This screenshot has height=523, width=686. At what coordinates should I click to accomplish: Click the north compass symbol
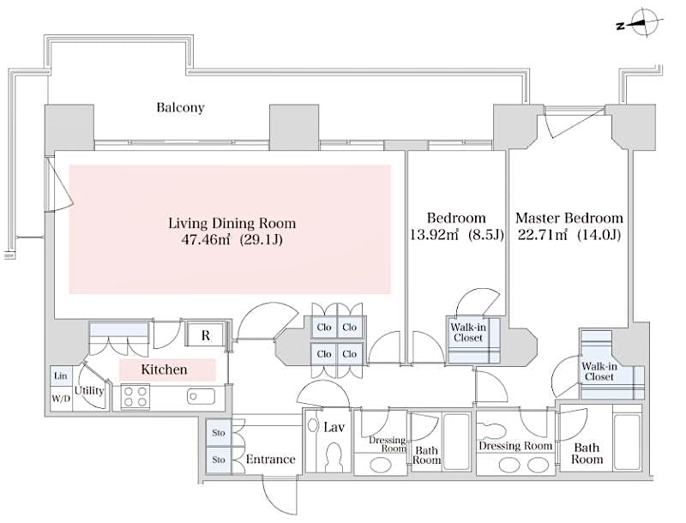(x=641, y=24)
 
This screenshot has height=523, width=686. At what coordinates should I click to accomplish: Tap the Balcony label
(x=180, y=108)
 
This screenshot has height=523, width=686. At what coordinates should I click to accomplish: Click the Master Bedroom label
(x=569, y=218)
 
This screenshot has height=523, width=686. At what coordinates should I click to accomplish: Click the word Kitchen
(x=164, y=370)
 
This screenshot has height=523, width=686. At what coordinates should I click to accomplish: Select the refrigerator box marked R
(x=206, y=335)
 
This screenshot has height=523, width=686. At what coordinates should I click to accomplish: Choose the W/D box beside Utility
(x=60, y=398)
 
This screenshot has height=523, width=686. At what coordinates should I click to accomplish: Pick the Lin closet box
(x=60, y=376)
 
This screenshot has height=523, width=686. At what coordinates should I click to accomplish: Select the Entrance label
(x=270, y=460)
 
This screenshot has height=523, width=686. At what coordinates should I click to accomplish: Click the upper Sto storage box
(x=219, y=433)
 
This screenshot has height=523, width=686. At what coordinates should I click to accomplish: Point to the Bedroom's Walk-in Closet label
(x=467, y=333)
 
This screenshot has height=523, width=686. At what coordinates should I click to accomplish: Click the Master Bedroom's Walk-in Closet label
(x=598, y=370)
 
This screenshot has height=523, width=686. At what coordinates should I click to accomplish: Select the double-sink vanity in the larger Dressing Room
(x=515, y=463)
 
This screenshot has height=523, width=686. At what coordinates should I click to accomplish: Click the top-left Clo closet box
(x=324, y=327)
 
